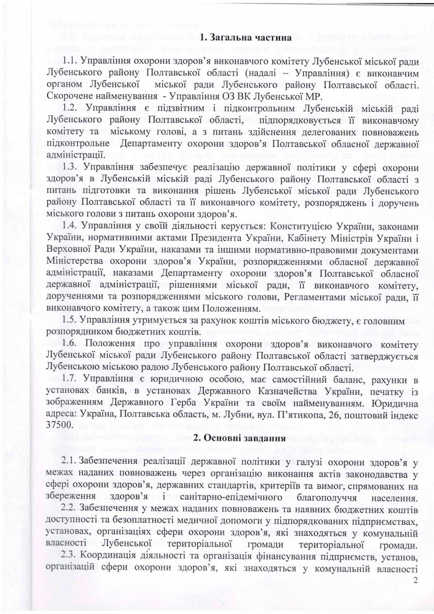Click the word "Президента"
[210, 236]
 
